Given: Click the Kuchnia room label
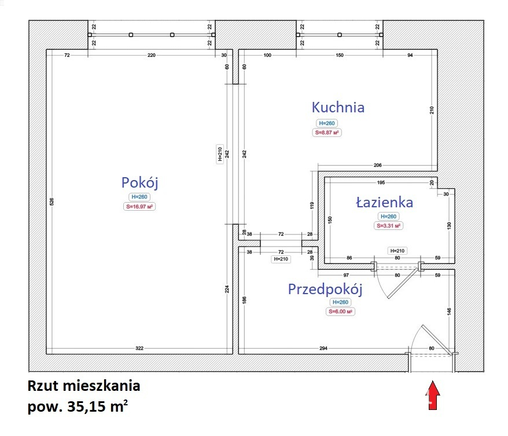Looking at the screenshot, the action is (x=338, y=107).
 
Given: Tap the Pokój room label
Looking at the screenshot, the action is (x=139, y=183).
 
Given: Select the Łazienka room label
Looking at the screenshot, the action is (x=385, y=202).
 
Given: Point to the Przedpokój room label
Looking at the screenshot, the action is (x=325, y=290).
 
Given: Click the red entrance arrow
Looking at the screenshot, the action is (x=433, y=395).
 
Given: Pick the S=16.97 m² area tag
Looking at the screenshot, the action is (x=139, y=207).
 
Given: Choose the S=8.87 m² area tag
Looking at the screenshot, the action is (x=327, y=133).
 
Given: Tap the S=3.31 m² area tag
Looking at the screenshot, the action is (x=388, y=226).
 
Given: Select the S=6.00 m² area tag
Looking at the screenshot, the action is (x=340, y=312).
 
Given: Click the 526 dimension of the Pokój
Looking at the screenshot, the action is (x=52, y=201).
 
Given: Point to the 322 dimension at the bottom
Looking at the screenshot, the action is (x=139, y=348).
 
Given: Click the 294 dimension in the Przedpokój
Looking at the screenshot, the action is (x=323, y=348).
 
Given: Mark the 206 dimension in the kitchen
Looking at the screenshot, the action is (x=378, y=165).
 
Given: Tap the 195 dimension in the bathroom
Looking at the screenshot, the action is (x=381, y=182).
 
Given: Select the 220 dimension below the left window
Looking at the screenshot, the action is (x=151, y=55).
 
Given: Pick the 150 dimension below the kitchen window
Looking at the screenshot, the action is (x=340, y=55).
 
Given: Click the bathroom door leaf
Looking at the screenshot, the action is (x=403, y=283).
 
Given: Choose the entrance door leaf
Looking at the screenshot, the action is (x=436, y=339).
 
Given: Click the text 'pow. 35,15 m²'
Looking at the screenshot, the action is (x=78, y=406).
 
